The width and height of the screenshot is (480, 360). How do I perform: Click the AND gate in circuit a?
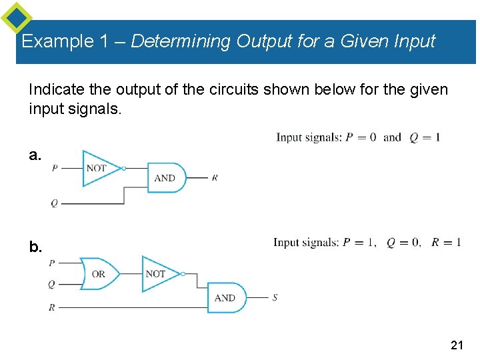pos(165,178)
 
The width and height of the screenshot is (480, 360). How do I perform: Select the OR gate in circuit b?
pos(97,273)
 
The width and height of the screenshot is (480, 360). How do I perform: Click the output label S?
pos(275,297)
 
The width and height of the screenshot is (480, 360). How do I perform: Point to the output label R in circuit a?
pos(215,178)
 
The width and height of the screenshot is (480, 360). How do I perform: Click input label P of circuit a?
pos(55,168)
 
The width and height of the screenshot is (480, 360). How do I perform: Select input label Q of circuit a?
pos(55,203)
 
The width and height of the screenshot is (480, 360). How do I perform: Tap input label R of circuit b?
pos(52,308)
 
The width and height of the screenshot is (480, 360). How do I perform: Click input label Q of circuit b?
pos(52,285)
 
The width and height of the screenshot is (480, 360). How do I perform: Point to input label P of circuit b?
pos(52,263)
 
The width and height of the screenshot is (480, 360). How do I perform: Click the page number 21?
pos(457,345)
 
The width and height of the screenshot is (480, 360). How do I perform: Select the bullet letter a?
pos(35,155)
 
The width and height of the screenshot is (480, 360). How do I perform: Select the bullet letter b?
pos(35,247)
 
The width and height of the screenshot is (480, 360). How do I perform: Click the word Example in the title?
pos(58,41)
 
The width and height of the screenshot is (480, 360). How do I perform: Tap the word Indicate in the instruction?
pos(56,89)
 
